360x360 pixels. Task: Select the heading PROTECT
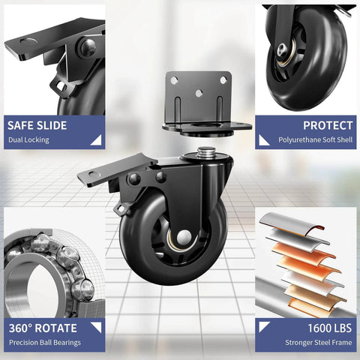point(327,126)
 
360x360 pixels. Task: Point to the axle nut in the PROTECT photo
point(286,50)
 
